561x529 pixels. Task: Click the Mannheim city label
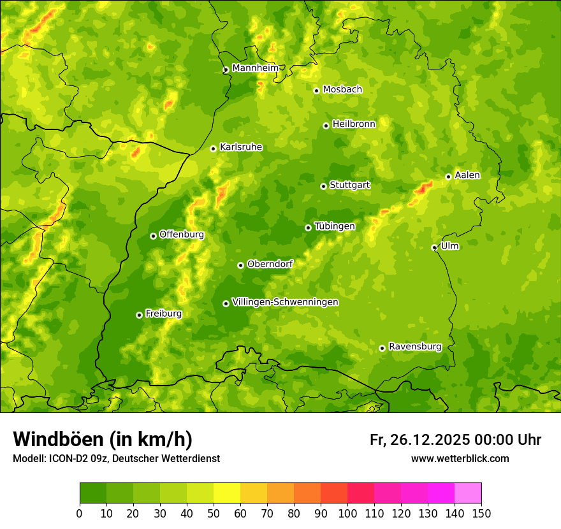coord(255,68)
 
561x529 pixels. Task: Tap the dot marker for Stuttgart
coord(323,186)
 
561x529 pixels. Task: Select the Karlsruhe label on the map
coord(240,147)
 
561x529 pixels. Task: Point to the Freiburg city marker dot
coord(139,315)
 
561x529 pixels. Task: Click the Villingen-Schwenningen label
coord(285,302)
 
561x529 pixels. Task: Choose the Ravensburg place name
coord(414,347)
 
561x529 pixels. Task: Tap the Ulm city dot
coord(434,247)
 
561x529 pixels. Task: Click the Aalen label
coord(467,175)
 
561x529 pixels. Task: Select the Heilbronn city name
coord(354,124)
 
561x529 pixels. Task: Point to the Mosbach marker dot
coord(316,91)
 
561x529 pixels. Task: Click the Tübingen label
coord(334,226)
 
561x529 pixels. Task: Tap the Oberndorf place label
coord(270,264)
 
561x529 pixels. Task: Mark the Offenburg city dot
coord(153,236)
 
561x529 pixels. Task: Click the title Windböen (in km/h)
coord(102,439)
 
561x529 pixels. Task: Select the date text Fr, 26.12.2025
coord(419,440)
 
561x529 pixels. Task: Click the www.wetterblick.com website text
coord(460,458)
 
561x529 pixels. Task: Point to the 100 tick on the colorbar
coord(347,513)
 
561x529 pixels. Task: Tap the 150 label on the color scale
coord(481,513)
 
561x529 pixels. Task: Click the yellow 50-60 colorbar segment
coord(227,493)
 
